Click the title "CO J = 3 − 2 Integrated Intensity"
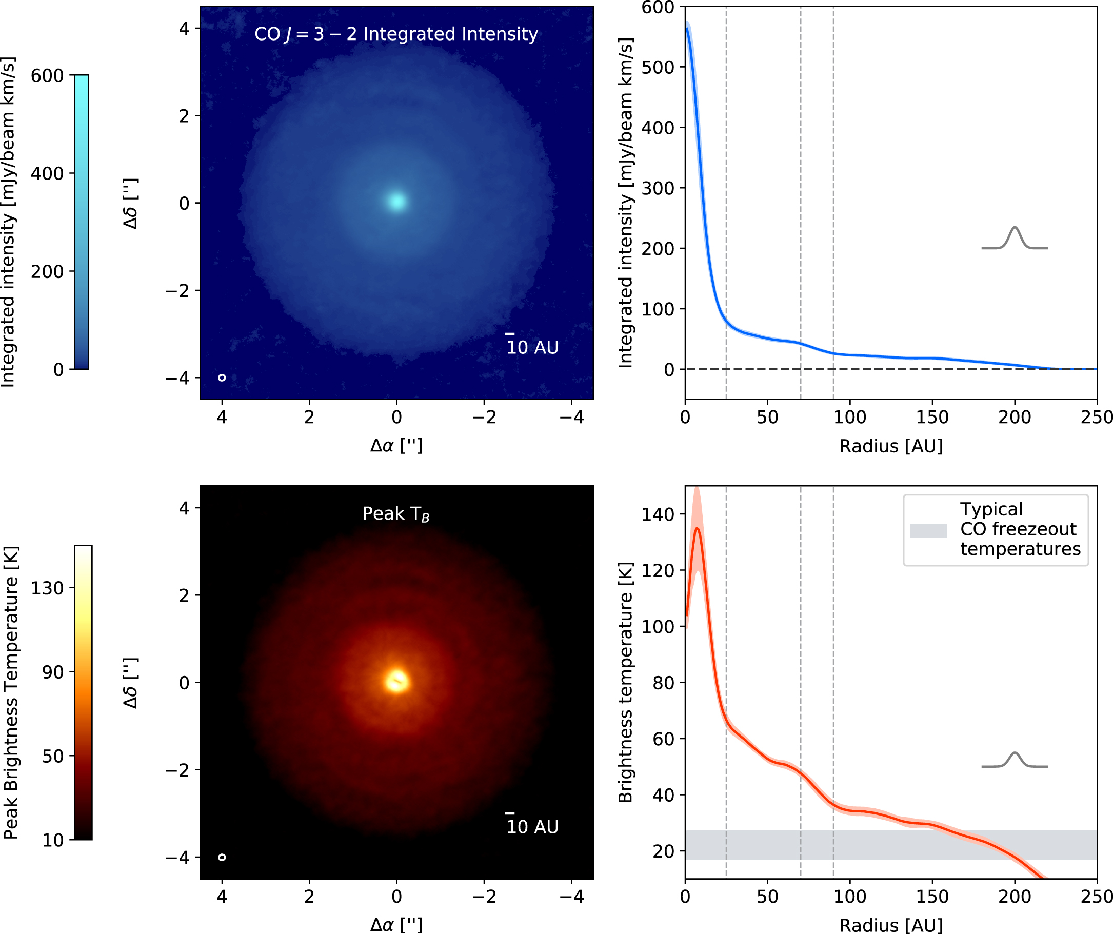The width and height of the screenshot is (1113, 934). coord(396,34)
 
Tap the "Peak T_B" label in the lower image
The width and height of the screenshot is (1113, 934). coord(396,513)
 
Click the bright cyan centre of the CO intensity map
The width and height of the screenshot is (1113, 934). coord(396,202)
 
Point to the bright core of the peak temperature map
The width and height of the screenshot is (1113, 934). coord(396,681)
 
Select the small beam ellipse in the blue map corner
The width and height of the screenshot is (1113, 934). coord(222,377)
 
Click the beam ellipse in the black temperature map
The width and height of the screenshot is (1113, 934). coord(222,857)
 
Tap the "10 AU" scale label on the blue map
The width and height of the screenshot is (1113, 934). coord(532,348)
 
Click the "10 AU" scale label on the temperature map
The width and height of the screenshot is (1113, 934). coord(532,827)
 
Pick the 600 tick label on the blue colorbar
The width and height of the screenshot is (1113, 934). coord(47,76)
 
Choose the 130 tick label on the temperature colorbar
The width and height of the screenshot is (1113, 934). coord(47,588)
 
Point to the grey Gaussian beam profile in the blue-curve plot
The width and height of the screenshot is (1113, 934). coord(1015,239)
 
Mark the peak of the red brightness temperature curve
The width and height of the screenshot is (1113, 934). coord(697,528)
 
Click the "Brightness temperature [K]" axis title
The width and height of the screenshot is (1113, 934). coord(626,683)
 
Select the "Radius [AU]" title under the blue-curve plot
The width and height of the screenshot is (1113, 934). coord(891,446)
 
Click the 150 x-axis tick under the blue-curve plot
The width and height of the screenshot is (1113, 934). coord(932,417)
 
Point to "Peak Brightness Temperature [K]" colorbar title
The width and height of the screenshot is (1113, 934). coord(11,692)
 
